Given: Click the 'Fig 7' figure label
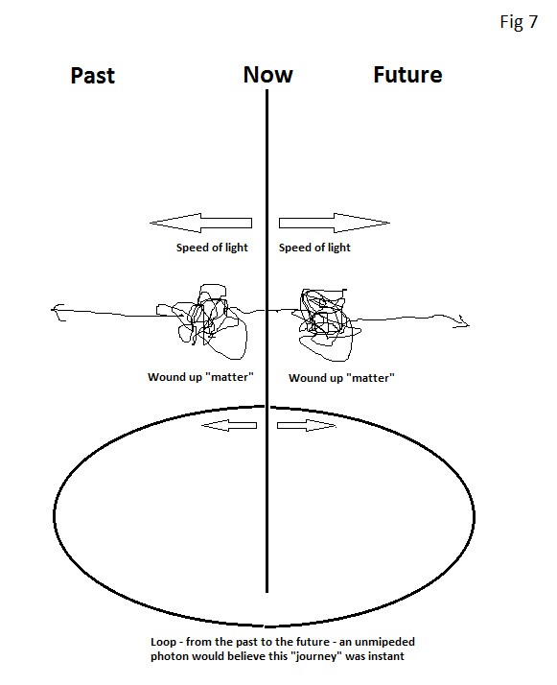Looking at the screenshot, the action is tap(519, 22).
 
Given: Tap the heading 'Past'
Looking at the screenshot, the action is tap(93, 75).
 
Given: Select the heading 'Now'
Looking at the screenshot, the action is tap(268, 74).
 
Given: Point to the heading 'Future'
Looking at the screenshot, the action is tap(407, 74).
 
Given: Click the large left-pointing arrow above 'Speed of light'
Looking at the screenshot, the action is tap(200, 223).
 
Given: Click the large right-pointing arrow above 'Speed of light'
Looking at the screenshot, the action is tap(335, 223).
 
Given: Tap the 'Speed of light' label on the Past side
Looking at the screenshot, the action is tap(212, 248).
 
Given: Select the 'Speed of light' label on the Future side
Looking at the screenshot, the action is tap(314, 248).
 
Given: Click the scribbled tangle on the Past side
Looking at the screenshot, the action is tap(205, 321).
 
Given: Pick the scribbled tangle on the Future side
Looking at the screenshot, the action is tap(325, 323).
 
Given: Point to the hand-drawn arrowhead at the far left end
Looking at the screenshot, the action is tap(58, 313).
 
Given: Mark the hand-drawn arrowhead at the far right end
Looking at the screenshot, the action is tap(462, 322).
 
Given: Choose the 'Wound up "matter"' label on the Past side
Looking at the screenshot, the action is tap(200, 377).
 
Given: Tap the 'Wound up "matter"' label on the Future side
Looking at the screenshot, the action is tap(342, 378).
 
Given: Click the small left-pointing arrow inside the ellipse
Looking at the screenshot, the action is tap(229, 426).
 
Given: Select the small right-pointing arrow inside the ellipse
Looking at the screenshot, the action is tap(307, 426).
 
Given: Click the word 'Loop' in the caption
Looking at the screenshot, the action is tap(163, 642).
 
